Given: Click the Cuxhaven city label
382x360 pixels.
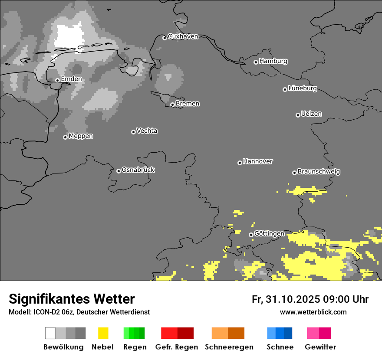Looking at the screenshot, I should click(183, 36).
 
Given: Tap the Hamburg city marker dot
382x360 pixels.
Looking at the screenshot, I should click(256, 62).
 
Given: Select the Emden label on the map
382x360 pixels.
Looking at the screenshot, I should click(71, 79).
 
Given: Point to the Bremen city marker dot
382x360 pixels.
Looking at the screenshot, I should click(172, 105).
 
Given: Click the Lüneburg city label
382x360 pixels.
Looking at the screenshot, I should click(303, 88).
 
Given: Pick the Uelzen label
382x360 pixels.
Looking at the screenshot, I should click(311, 114).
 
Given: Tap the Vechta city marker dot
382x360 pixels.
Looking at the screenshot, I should click(133, 132).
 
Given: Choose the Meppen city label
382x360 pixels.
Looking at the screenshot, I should click(81, 136).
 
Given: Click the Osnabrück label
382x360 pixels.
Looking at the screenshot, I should click(138, 170).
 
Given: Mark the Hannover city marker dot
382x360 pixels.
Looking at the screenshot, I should click(240, 163).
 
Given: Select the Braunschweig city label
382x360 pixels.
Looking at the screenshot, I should click(319, 172).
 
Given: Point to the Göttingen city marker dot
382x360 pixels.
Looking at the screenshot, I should click(251, 235).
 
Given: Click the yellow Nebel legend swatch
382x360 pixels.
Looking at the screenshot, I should click(103, 333).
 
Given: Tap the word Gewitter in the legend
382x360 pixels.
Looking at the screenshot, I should click(320, 347).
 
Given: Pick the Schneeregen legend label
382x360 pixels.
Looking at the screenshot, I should click(229, 347).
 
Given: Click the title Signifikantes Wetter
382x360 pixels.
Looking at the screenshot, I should click(72, 299).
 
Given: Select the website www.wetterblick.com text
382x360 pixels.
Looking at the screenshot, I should click(313, 312).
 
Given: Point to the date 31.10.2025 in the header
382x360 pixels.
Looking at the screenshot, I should click(292, 299).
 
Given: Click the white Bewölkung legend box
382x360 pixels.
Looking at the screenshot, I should click(50, 333).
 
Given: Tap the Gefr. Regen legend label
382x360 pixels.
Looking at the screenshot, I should click(177, 347).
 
